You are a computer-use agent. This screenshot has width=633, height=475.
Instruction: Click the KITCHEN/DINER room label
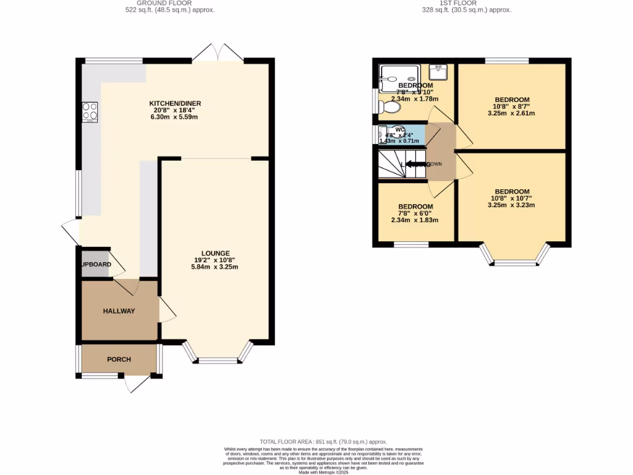pos(175,103)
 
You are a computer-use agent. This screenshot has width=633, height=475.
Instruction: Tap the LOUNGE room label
pos(215,253)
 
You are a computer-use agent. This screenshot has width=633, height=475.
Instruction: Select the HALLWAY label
pos(119,311)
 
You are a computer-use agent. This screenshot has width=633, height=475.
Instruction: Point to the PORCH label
pos(119,359)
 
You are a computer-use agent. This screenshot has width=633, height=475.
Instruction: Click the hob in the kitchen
pos(90,111)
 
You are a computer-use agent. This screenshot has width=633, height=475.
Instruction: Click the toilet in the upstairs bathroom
pos(390,107)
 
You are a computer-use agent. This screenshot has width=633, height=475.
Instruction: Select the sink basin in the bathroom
pos(438,71)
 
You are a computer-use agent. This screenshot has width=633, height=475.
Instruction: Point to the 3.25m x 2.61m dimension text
pos(512,113)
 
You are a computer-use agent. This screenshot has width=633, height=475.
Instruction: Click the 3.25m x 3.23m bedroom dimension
pos(512,205)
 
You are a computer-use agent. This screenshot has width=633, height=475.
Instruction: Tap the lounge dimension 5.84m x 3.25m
pos(215,267)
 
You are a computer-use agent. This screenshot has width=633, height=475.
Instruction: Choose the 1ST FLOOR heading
pos(475,2)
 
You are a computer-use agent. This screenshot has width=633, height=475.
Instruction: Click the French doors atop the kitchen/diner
pos(218,54)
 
